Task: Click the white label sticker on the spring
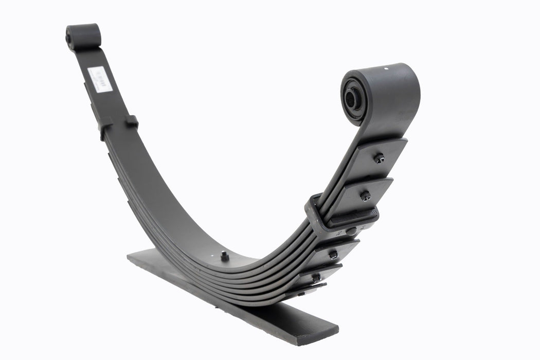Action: tap(100, 79)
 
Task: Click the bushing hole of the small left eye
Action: tap(69, 39)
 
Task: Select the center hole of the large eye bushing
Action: tap(351, 98)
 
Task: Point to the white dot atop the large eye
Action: tap(387, 67)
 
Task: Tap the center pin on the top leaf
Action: tap(224, 256)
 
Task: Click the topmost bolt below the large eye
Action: tap(379, 158)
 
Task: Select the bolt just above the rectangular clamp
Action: tap(365, 195)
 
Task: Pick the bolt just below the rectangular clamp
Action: tap(333, 254)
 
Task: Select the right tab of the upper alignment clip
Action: tap(132, 121)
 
